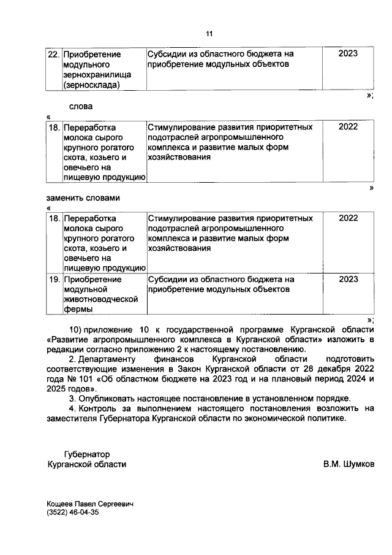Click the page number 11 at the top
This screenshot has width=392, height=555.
(209, 33)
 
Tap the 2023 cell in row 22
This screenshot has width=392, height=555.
(348, 54)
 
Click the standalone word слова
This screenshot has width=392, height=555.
(80, 106)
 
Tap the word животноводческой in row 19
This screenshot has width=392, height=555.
(99, 300)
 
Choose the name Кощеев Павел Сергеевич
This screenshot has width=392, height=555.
(91, 504)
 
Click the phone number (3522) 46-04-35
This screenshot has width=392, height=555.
(72, 514)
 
